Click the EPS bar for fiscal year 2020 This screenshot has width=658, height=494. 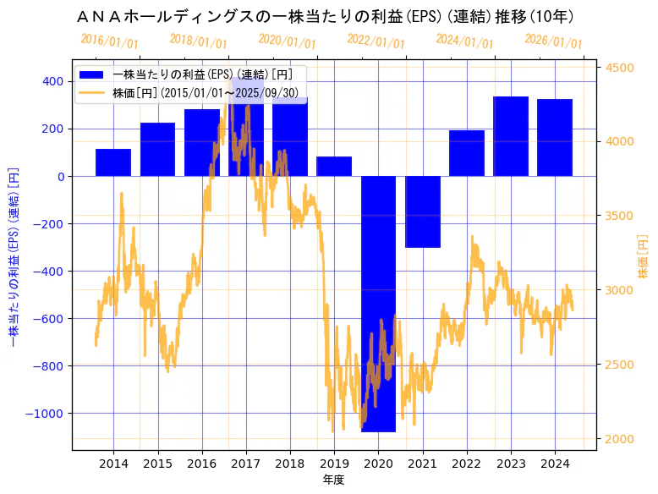[x=378, y=304]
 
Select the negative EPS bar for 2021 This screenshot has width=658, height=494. [x=422, y=211]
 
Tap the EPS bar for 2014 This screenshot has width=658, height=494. [x=113, y=162]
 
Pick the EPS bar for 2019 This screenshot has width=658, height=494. [x=334, y=167]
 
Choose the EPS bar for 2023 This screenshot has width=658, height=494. [x=511, y=136]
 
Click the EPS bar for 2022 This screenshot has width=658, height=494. [x=467, y=153]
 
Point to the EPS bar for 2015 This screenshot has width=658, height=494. [x=157, y=150]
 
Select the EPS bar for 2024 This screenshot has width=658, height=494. [x=555, y=138]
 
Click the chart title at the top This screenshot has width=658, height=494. [x=325, y=17]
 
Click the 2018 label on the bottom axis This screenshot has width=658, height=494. [x=290, y=464]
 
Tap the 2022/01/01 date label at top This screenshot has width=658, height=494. [x=376, y=42]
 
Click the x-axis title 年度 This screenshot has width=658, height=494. [x=333, y=480]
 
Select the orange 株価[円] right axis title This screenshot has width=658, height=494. [x=643, y=258]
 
